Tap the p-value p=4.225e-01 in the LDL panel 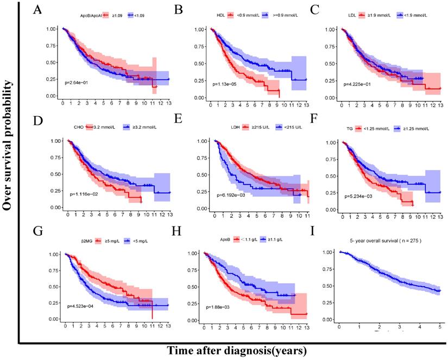360,84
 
